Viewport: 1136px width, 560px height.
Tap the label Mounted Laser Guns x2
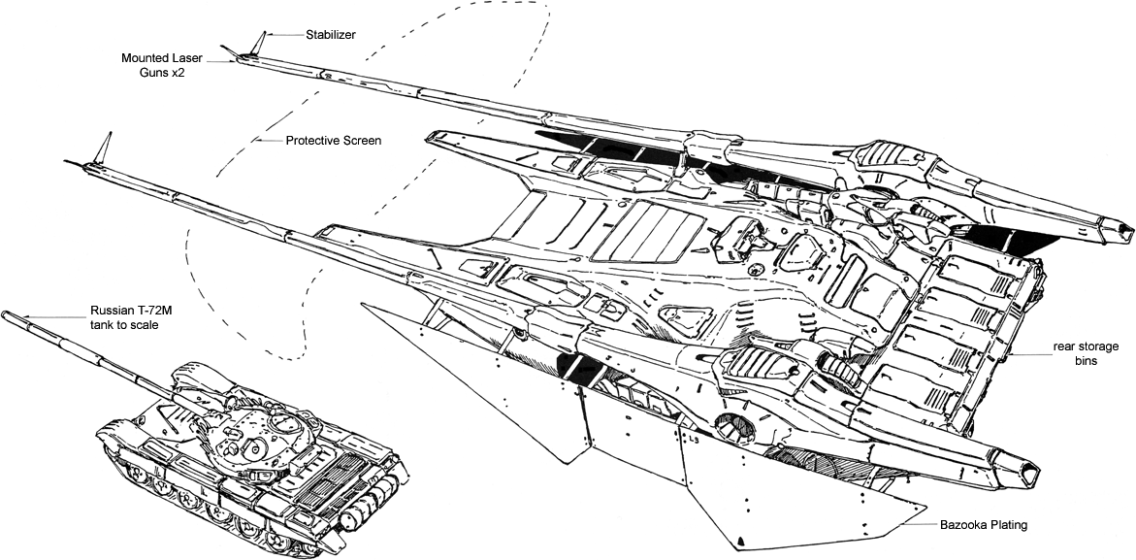tap(153, 65)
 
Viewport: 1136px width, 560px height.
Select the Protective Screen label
tap(333, 141)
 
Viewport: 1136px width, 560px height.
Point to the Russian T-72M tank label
tap(123, 317)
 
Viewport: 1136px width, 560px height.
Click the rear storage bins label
tap(1087, 353)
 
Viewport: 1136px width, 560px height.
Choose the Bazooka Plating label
tap(983, 525)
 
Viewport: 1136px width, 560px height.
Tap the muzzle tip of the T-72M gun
tap(7, 314)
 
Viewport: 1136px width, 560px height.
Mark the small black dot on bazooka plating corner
tap(740, 540)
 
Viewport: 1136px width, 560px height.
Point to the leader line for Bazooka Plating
tap(917, 525)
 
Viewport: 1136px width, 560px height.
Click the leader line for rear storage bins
tap(1028, 354)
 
